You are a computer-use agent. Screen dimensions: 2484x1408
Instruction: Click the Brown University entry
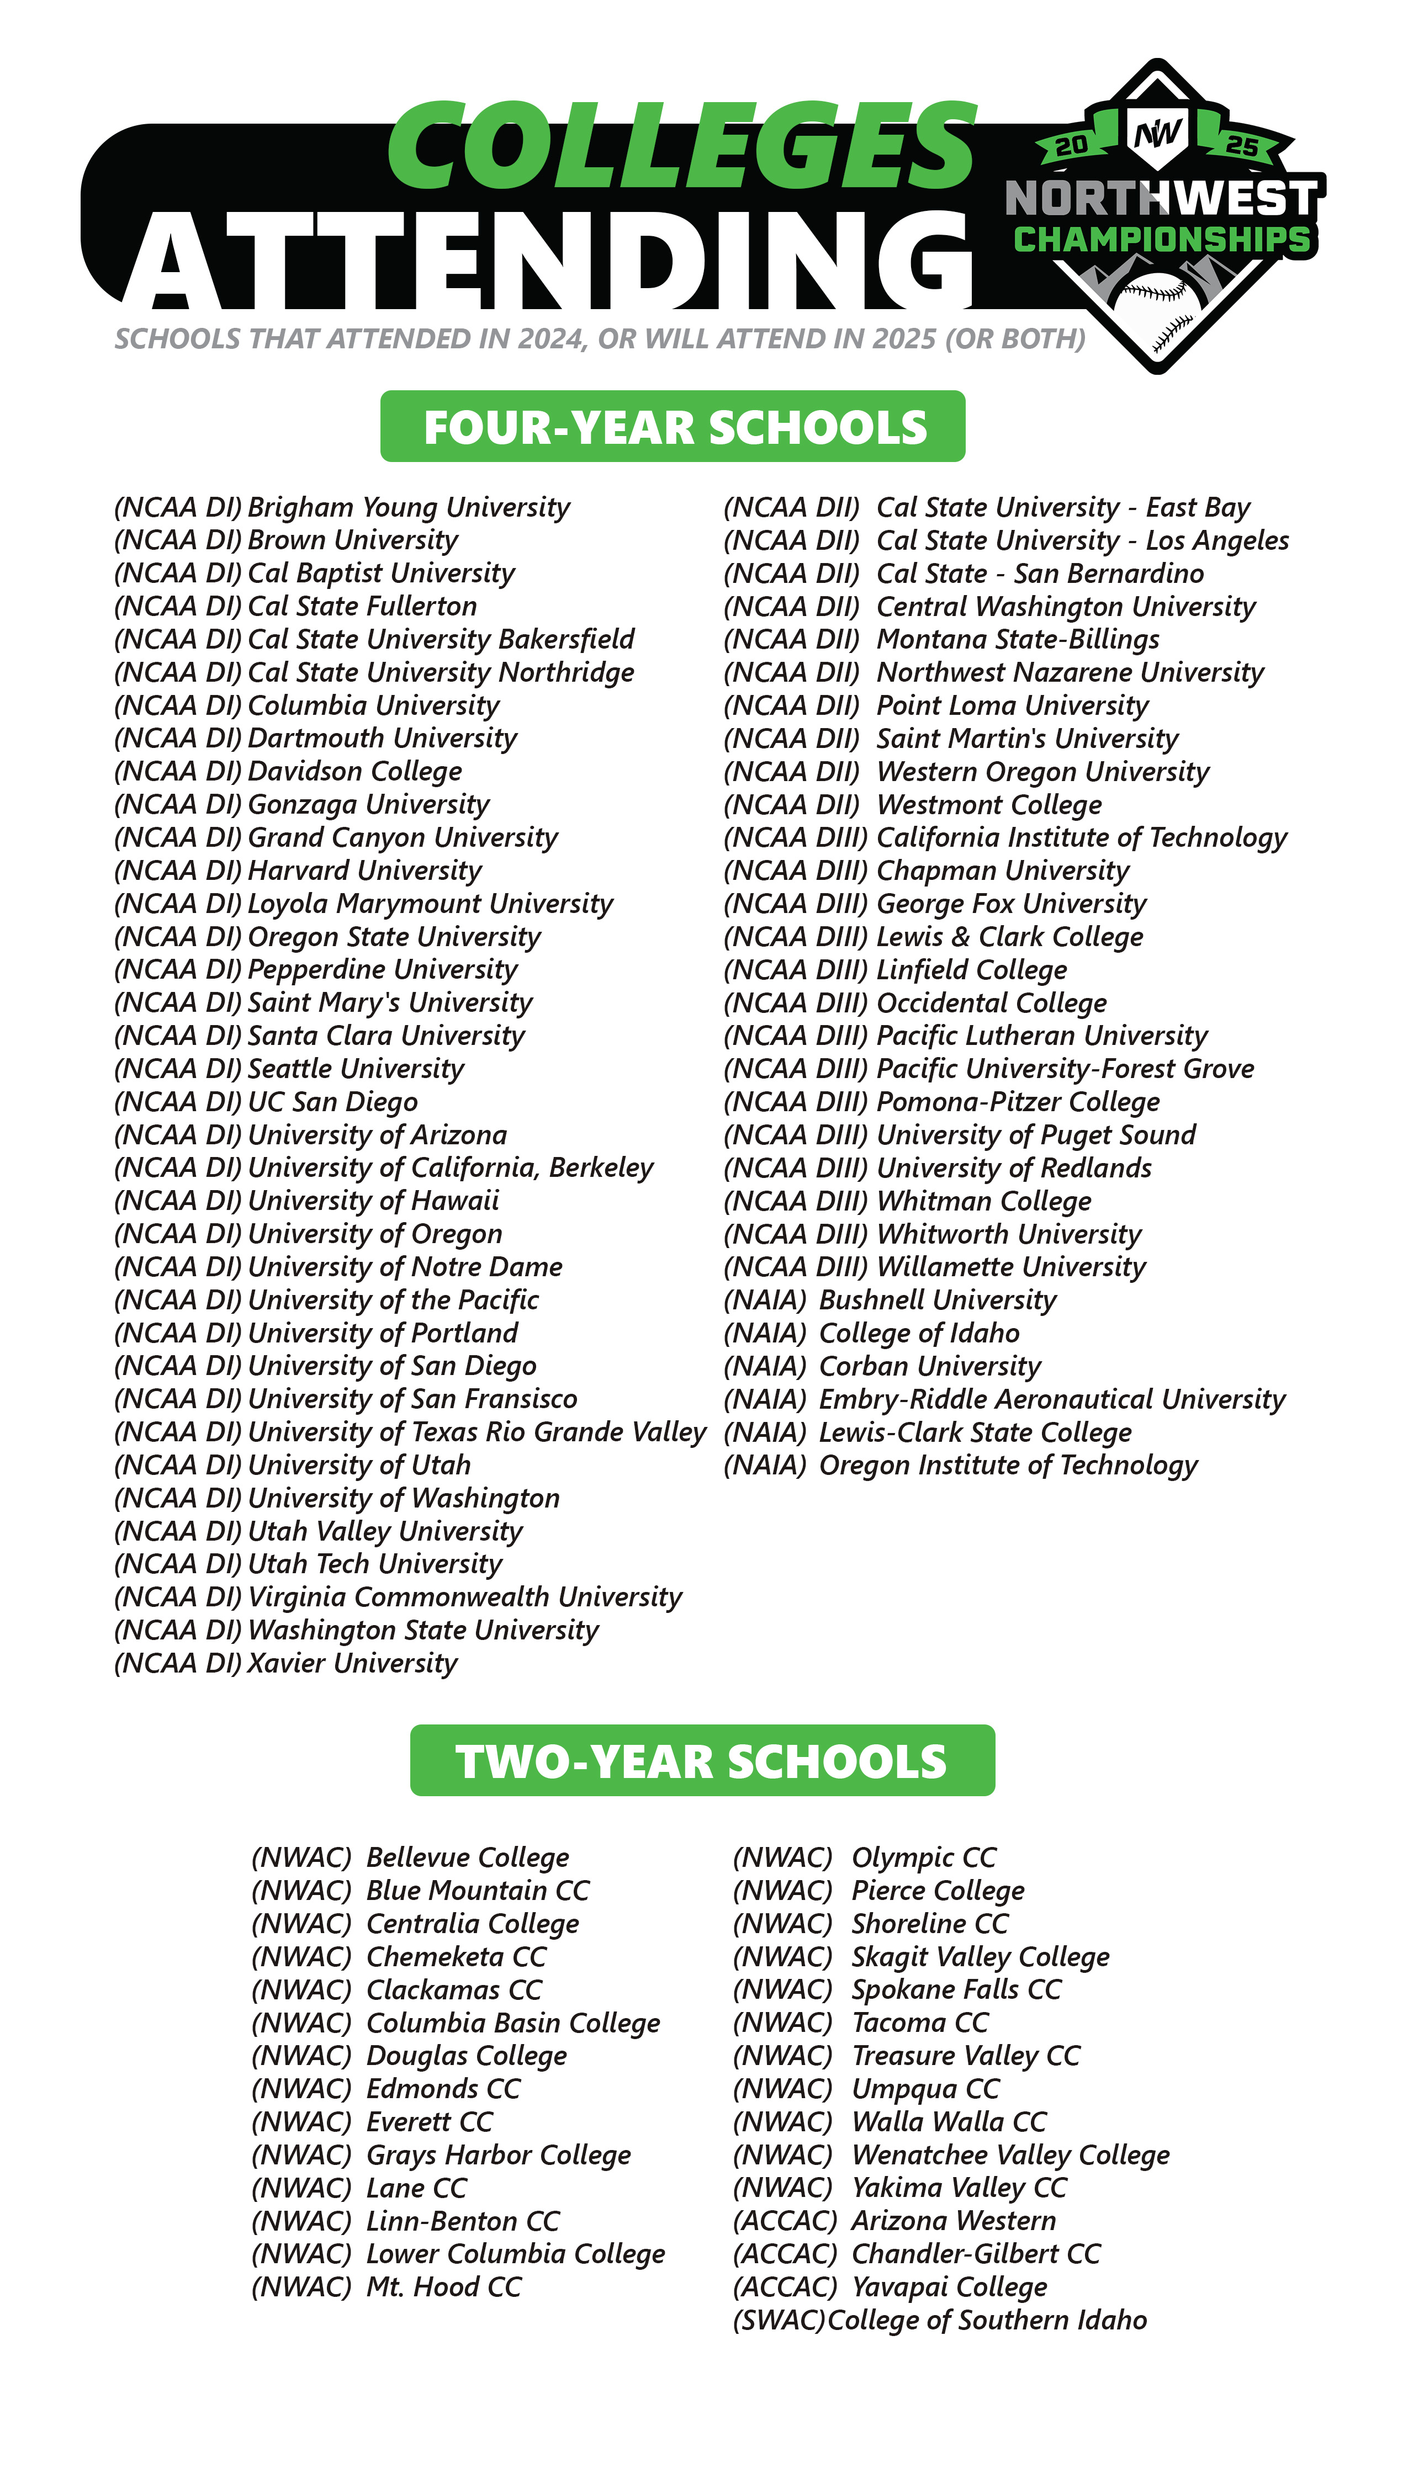click(x=286, y=540)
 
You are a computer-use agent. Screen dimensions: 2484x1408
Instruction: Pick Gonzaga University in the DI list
click(x=301, y=804)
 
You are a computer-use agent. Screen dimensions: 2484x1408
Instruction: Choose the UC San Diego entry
click(x=266, y=1102)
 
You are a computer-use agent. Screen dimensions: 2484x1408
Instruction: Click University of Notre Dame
click(x=338, y=1266)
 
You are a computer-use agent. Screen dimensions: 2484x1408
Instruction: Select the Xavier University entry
click(x=286, y=1663)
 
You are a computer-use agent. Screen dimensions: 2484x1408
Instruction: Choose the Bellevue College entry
click(x=410, y=1857)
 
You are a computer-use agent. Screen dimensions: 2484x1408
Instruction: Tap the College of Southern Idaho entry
click(x=940, y=2320)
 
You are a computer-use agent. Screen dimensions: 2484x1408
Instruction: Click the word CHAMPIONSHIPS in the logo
click(x=1161, y=238)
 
